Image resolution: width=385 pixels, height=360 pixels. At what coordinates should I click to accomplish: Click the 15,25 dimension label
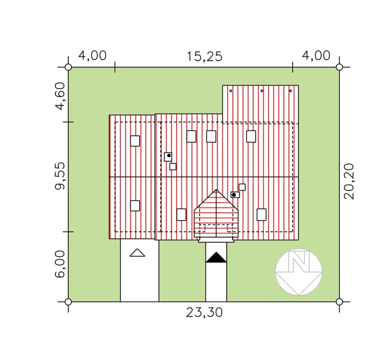click(205, 56)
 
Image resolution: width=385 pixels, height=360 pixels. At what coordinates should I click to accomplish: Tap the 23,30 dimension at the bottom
click(204, 313)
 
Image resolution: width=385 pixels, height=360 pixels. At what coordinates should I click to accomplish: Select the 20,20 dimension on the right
click(348, 181)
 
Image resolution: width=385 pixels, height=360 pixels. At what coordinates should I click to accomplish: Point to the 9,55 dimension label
click(60, 176)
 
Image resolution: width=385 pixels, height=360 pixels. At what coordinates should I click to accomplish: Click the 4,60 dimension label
click(60, 96)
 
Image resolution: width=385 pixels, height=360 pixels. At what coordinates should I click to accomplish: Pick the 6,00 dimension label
click(60, 264)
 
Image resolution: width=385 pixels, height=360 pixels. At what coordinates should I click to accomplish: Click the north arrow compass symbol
click(298, 272)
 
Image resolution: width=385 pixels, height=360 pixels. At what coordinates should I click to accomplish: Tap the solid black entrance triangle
click(216, 257)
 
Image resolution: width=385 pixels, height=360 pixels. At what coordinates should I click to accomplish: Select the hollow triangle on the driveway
click(137, 253)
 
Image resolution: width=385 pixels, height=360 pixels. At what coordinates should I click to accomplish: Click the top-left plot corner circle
click(68, 67)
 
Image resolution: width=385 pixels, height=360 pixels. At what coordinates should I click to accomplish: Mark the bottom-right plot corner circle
click(339, 302)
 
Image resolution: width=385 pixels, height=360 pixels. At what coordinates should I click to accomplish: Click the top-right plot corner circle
click(339, 67)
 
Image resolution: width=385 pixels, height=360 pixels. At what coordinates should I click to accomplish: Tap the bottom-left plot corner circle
click(68, 302)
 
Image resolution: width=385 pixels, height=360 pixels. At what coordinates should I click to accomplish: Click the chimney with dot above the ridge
click(168, 157)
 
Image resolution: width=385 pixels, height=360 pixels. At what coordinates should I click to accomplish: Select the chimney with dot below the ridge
click(235, 195)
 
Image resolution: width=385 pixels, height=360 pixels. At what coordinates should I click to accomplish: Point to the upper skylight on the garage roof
click(135, 141)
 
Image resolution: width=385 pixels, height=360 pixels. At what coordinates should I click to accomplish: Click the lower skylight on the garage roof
click(135, 206)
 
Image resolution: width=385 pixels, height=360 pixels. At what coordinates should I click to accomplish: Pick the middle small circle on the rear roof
click(262, 91)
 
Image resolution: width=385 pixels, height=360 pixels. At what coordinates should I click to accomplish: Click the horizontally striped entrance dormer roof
click(216, 213)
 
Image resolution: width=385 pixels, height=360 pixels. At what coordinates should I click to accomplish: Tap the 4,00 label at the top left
click(92, 56)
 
